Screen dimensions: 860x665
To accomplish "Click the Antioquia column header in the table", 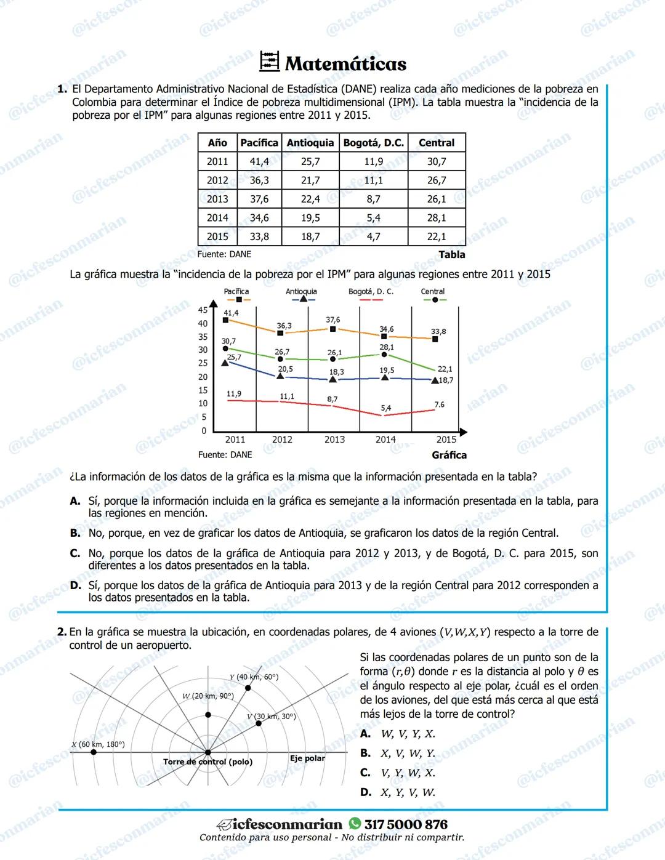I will tap(310, 143).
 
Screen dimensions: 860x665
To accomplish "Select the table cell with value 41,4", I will tap(259, 161).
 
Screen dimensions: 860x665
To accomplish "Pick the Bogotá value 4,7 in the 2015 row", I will tap(373, 236).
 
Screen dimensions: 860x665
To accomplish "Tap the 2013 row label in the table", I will tap(217, 199).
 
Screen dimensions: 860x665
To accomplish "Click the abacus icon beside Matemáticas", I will tap(270, 62).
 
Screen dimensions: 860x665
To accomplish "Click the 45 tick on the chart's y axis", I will tap(203, 310).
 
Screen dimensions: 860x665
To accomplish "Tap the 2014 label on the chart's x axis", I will tap(386, 440).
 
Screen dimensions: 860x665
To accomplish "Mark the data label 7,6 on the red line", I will tap(439, 404).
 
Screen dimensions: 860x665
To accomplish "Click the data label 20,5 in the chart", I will tap(285, 369).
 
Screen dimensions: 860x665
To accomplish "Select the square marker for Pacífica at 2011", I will tap(226, 320).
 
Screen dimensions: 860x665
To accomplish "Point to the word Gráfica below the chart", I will tap(449, 455).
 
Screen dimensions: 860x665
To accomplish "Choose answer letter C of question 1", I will tap(75, 553).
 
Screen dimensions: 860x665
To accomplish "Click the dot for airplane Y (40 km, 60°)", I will tap(248, 688).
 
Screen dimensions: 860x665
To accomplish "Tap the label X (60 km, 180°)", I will tap(98, 744).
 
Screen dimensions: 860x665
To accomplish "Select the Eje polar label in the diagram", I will tap(307, 758).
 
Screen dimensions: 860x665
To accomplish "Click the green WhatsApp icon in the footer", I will tap(355, 824).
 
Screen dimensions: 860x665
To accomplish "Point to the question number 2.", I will tap(62, 632).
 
